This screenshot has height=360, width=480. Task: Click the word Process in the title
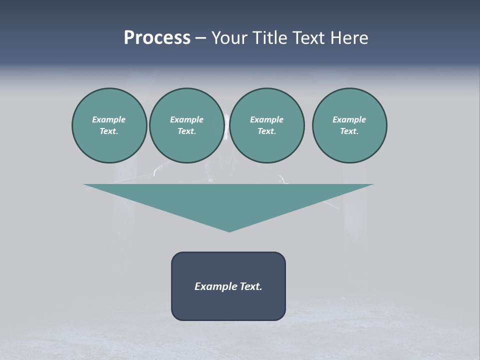(157, 38)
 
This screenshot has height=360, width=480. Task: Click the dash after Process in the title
(200, 38)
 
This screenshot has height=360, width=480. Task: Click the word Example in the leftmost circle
(109, 119)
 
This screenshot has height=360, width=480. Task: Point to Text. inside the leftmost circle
(109, 131)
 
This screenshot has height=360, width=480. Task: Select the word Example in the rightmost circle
(349, 119)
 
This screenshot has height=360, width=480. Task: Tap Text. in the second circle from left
(186, 131)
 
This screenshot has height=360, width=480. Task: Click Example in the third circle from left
(266, 119)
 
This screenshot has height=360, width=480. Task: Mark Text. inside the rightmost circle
(349, 131)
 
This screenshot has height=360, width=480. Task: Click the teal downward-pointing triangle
(228, 202)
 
